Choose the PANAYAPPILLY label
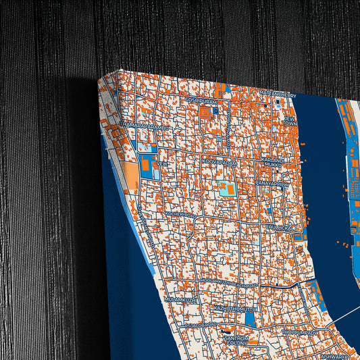[x=272, y=183]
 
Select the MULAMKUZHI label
[x=180, y=298]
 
